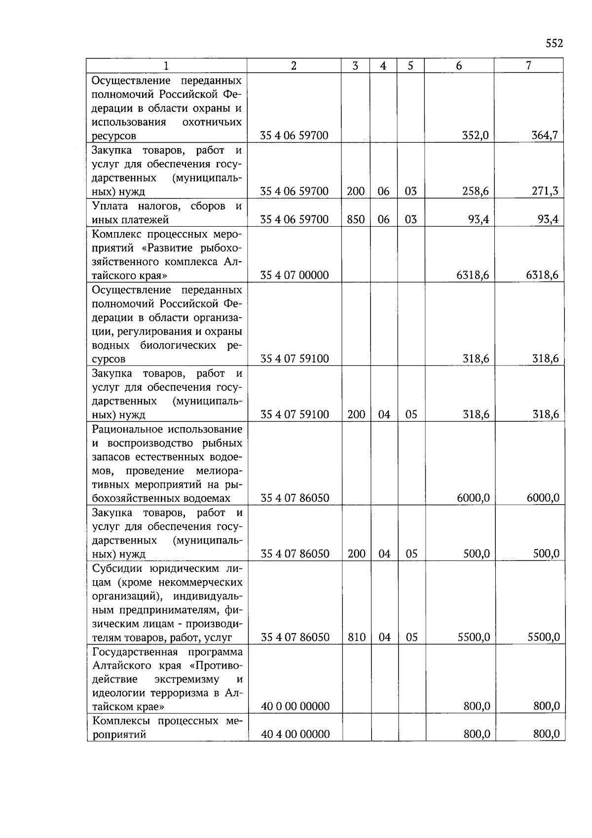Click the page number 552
pyautogui.click(x=554, y=44)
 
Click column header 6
pyautogui.click(x=459, y=66)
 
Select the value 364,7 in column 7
pyautogui.click(x=545, y=135)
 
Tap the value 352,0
pyautogui.click(x=476, y=135)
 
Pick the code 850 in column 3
pyautogui.click(x=356, y=219)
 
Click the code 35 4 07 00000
pyautogui.click(x=295, y=275)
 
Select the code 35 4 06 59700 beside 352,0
pyautogui.click(x=295, y=135)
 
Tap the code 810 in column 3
pyautogui.click(x=356, y=638)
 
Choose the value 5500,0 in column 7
pyautogui.click(x=543, y=638)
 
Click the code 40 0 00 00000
pyautogui.click(x=295, y=707)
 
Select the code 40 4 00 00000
pyautogui.click(x=295, y=734)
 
